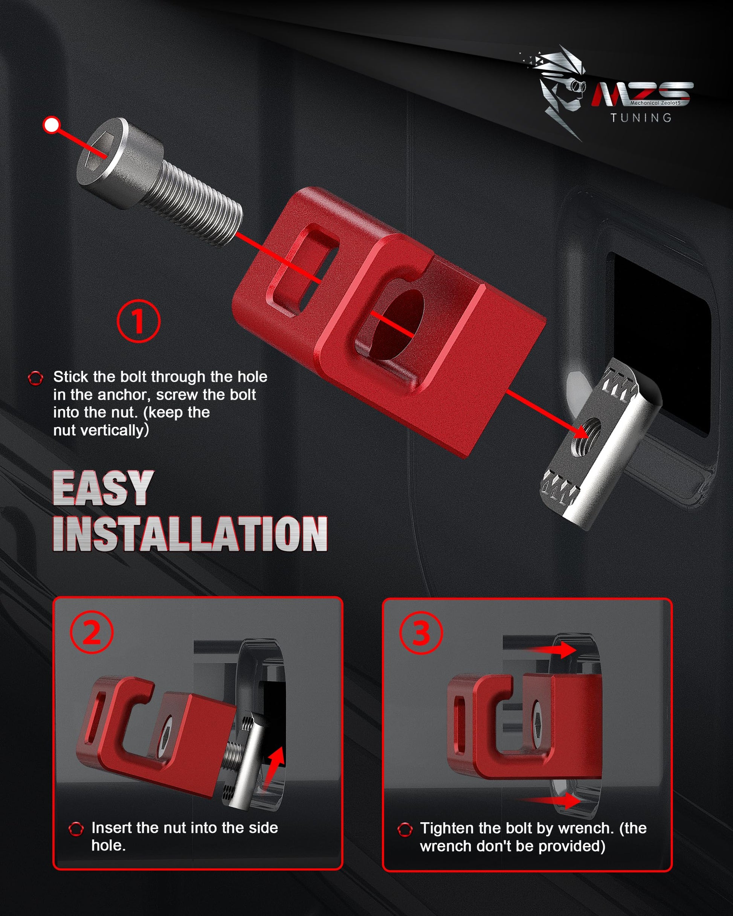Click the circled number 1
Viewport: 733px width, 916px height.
pyautogui.click(x=139, y=321)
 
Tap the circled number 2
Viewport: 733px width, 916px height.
pyautogui.click(x=92, y=633)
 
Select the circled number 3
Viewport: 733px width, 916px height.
pyautogui.click(x=421, y=633)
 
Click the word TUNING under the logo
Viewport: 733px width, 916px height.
pyautogui.click(x=641, y=118)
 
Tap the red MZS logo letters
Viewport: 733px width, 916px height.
pyautogui.click(x=642, y=94)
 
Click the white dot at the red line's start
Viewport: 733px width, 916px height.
pyautogui.click(x=52, y=125)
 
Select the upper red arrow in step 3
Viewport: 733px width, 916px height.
pyautogui.click(x=550, y=649)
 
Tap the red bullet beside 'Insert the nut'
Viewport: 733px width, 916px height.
pyautogui.click(x=76, y=829)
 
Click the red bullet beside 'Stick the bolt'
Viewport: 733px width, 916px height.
pyautogui.click(x=35, y=378)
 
